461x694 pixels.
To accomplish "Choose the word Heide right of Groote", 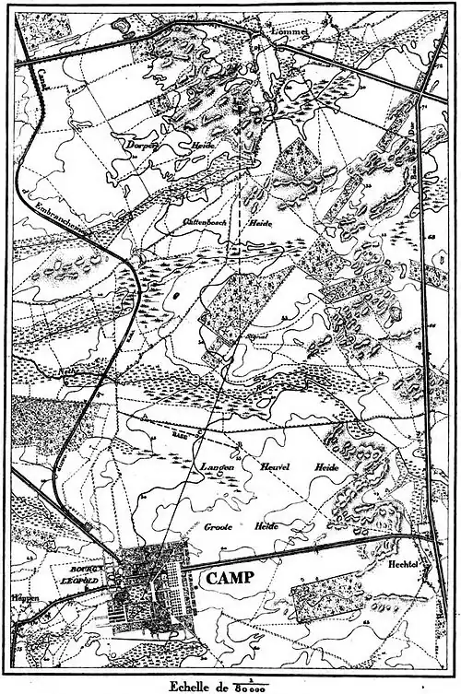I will pos(258,528).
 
